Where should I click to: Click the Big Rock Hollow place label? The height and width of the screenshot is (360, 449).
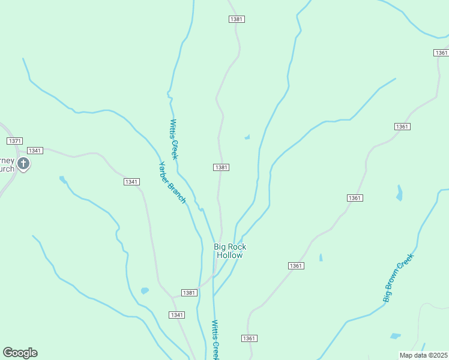tap(230, 251)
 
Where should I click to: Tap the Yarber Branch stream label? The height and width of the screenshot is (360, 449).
tap(172, 182)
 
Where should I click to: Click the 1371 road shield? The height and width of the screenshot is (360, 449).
tap(15, 140)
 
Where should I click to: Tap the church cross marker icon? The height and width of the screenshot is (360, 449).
tap(23, 164)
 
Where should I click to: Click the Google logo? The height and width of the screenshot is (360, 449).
tap(20, 353)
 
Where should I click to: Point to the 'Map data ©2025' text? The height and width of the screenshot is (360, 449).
tap(423, 355)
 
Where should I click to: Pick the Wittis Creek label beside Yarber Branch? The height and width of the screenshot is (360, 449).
tap(174, 139)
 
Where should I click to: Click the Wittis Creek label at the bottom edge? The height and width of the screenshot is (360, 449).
tap(216, 340)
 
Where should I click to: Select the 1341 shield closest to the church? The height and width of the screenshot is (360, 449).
tap(35, 150)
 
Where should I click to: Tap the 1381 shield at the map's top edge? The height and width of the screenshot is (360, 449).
tap(237, 19)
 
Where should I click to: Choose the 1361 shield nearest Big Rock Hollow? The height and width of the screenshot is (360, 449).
tap(296, 266)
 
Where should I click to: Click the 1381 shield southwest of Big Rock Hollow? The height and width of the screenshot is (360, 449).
tap(189, 293)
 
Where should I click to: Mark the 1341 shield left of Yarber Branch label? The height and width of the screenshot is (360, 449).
tap(131, 182)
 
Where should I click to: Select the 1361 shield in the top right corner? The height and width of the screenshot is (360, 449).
tap(441, 53)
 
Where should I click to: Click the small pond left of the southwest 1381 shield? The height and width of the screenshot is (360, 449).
tap(145, 291)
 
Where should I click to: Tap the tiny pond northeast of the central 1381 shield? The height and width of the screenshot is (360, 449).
tap(247, 137)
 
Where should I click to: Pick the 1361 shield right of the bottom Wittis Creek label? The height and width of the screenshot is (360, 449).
tap(250, 338)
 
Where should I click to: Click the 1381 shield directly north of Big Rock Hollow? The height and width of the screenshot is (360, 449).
tap(221, 167)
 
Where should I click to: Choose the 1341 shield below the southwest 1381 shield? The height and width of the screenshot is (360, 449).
tap(176, 315)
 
